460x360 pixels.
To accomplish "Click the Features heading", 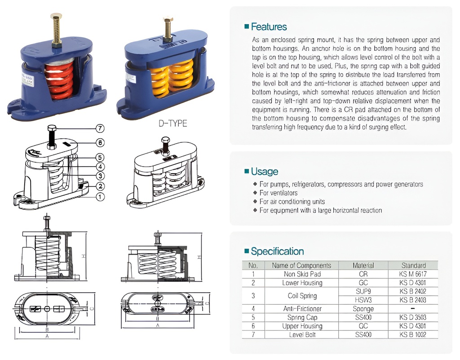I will click(x=268, y=26).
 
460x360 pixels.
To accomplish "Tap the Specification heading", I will click(x=277, y=251).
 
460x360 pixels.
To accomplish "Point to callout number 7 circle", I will click(x=100, y=128).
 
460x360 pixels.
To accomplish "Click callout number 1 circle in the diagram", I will click(x=100, y=196).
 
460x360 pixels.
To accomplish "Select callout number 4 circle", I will click(x=100, y=167).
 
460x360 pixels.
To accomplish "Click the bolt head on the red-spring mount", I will click(x=56, y=17).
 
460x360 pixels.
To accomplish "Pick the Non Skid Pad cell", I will click(x=302, y=274).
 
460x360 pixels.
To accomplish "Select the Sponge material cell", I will click(x=363, y=309).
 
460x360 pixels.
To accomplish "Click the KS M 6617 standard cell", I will click(x=413, y=274).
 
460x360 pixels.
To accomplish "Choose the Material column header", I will click(x=363, y=265).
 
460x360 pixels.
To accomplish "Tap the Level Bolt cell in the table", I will click(x=302, y=335).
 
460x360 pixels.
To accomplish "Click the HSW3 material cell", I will click(x=363, y=300).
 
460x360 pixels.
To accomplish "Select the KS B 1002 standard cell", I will click(x=413, y=335).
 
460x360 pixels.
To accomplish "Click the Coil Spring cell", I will click(x=302, y=296).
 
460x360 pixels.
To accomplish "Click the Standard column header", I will click(x=413, y=265).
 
